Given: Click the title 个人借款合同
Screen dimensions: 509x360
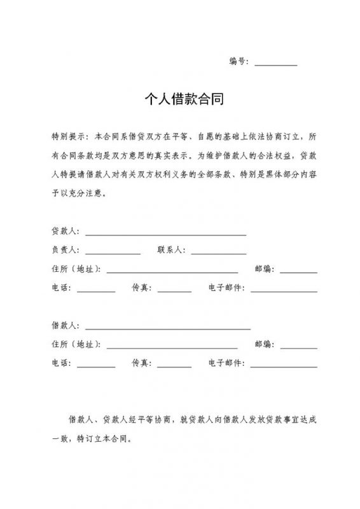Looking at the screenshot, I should [x=180, y=100].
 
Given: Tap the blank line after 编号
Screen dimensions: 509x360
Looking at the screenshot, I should [x=275, y=63].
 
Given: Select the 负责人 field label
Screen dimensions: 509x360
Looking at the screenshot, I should [x=64, y=250].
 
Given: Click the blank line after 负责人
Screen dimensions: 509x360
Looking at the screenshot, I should [x=113, y=252].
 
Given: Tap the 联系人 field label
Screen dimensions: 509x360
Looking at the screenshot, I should [x=170, y=250].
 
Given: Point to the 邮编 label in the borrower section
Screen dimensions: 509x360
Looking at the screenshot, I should [x=264, y=345].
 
